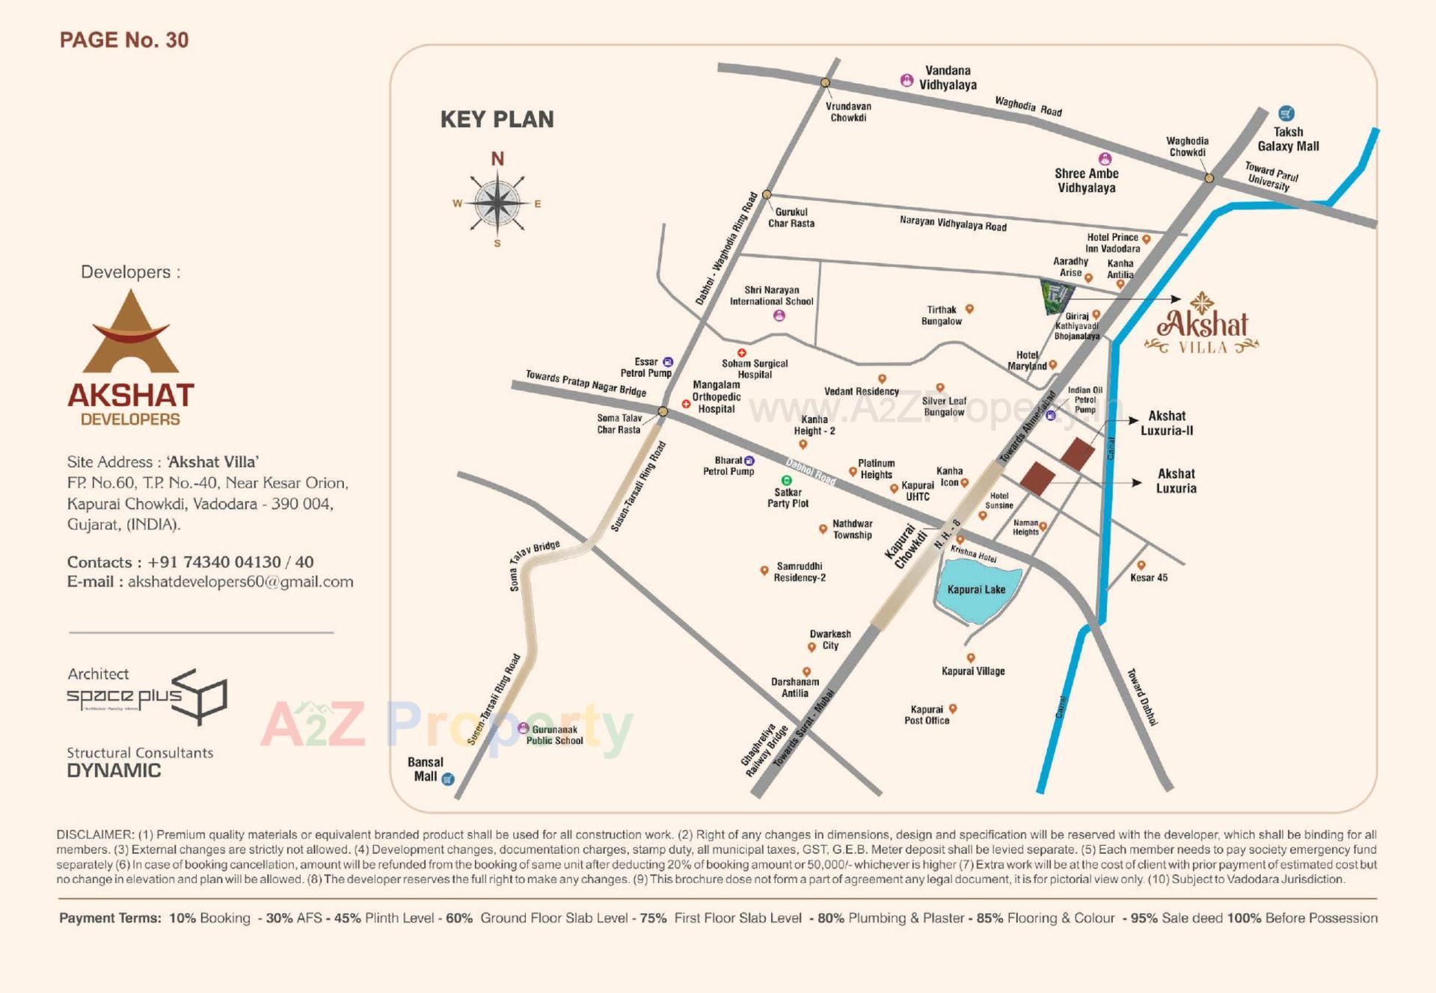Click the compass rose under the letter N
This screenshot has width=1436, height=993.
click(497, 203)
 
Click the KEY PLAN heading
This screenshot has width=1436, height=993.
click(497, 120)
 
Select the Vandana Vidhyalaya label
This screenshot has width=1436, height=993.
click(948, 78)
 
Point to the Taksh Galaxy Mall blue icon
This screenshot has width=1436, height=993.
click(1286, 114)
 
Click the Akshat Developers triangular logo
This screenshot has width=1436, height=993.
click(131, 333)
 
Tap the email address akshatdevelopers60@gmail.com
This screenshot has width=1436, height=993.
click(240, 582)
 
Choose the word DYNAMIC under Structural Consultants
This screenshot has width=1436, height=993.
click(114, 771)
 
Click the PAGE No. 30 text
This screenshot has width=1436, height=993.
click(124, 40)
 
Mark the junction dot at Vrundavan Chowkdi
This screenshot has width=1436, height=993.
click(825, 83)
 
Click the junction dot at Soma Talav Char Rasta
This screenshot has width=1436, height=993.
click(663, 411)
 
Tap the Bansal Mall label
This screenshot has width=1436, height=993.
click(425, 769)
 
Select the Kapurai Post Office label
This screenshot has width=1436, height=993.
click(927, 715)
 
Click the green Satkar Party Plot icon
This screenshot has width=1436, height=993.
click(786, 480)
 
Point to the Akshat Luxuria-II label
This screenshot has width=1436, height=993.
click(1166, 423)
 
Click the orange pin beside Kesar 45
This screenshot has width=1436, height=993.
click(1141, 565)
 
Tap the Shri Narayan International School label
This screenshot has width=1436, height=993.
click(771, 295)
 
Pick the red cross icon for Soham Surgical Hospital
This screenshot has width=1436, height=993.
click(742, 353)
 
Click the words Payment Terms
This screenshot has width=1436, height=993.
click(110, 918)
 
